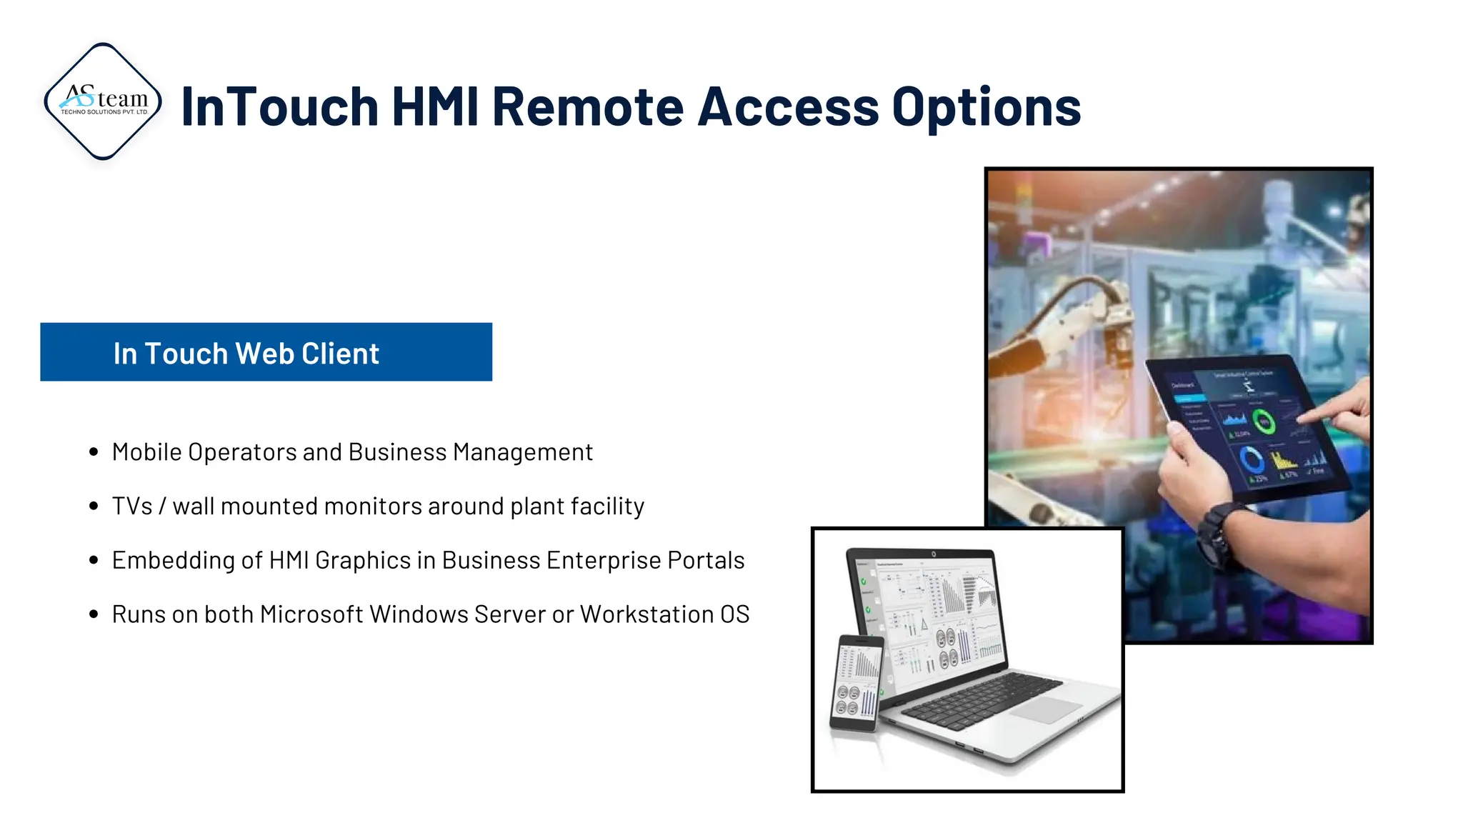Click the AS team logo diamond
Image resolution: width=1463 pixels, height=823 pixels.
104,101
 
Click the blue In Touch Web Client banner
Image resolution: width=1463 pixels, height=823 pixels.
266,352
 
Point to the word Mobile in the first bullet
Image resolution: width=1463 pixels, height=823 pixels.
146,452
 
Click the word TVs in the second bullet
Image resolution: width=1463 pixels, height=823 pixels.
132,507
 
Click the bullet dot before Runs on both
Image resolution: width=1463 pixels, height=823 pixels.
94,614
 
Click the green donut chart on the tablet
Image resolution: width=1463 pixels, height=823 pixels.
1264,423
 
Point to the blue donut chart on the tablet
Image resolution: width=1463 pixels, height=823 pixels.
1252,459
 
